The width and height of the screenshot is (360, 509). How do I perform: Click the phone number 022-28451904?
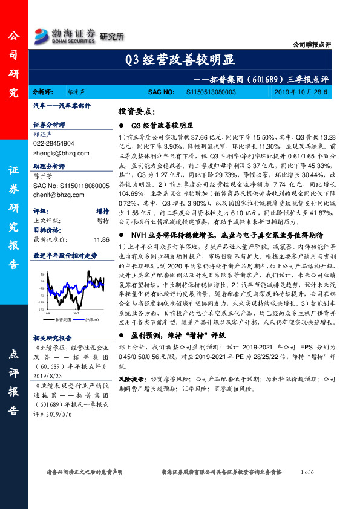[54, 144]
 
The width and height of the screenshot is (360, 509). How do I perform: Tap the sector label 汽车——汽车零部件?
[61, 106]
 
